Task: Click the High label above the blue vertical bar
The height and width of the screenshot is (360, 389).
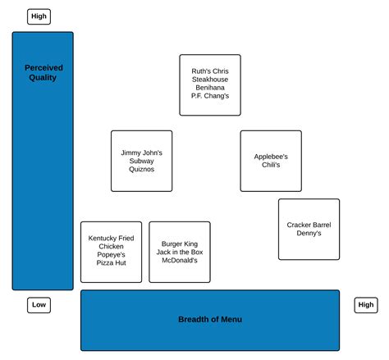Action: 39,16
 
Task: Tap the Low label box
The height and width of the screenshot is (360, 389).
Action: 39,305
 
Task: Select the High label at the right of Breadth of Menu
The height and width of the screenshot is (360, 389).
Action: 365,305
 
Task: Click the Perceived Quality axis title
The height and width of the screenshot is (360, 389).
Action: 43,73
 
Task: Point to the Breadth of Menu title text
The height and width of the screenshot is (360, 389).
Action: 210,320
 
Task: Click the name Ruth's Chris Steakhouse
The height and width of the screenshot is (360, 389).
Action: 210,75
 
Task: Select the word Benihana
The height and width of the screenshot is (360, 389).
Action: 210,88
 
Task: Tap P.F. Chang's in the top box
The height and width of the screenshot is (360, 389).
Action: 210,96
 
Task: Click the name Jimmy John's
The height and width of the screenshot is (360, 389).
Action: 141,153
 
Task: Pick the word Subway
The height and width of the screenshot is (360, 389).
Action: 141,161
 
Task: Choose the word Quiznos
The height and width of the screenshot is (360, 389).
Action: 141,170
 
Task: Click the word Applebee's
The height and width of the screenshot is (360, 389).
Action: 271,157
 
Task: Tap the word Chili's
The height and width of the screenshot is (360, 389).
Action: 271,166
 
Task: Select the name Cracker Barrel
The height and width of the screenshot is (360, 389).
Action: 309,225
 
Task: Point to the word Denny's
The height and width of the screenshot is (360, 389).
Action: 309,234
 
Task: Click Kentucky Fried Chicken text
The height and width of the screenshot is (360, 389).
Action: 111,242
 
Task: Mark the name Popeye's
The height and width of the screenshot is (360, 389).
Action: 111,255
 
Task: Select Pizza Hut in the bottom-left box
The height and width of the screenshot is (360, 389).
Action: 111,263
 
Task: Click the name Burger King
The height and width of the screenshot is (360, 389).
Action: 179,243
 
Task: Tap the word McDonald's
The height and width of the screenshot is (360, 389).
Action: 179,261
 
